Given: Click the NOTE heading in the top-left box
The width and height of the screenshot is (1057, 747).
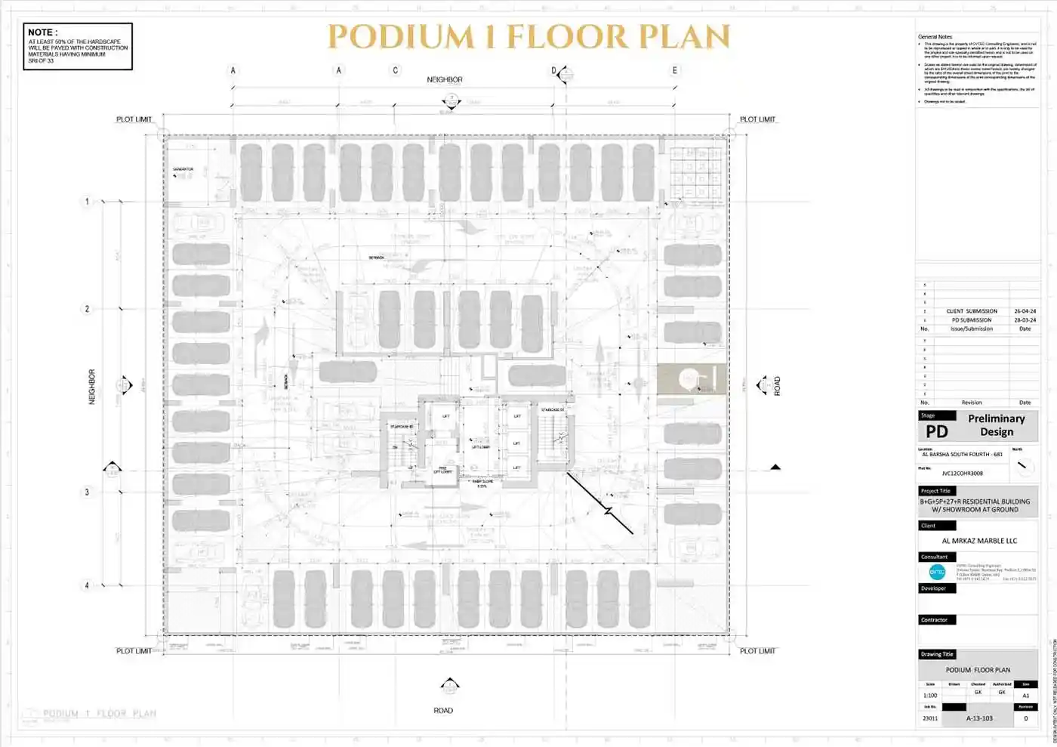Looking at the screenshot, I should coord(42,32).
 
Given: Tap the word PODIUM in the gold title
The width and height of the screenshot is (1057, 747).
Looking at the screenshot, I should coord(400,37).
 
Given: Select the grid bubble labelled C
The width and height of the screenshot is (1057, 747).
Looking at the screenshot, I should coord(395,70).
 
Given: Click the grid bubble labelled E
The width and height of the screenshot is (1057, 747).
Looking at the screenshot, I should coord(675,70).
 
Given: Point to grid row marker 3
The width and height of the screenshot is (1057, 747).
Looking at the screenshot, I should coord(87,492).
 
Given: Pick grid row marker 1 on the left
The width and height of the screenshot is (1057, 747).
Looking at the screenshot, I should coord(87,202).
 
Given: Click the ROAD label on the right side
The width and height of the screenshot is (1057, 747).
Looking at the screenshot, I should coord(777,386).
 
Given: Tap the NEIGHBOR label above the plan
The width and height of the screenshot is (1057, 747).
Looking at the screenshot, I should coord(444,79).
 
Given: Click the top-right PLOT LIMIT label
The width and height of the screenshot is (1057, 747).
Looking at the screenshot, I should coord(757,119).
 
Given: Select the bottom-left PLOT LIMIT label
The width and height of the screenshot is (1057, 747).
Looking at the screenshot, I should coord(134,650).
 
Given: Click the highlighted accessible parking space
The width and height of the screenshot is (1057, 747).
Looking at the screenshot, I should coord(692,379).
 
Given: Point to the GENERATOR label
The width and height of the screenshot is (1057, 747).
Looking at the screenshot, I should coord(183,169).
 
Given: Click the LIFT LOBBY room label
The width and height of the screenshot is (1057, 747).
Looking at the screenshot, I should coord(481,446).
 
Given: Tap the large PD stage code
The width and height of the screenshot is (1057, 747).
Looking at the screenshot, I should coord(937,431).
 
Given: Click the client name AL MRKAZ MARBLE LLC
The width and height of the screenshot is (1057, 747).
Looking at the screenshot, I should coord(979,541).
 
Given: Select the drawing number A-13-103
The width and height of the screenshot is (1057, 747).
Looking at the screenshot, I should coord(979,718).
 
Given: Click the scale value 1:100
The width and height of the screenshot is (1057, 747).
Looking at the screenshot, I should coord(930,696).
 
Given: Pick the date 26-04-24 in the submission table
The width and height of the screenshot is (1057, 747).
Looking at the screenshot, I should coord(1025,311).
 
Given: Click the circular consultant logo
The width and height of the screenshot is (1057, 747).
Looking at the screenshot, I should coord(937,572).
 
